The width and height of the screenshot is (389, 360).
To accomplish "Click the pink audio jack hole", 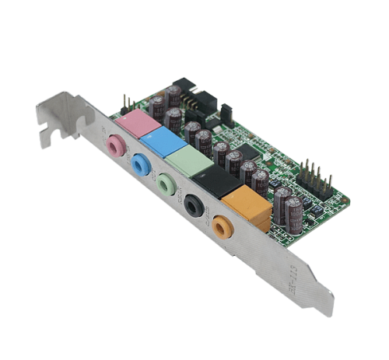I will click(x=117, y=145).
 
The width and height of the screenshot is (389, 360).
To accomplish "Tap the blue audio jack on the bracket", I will click(x=141, y=165).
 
